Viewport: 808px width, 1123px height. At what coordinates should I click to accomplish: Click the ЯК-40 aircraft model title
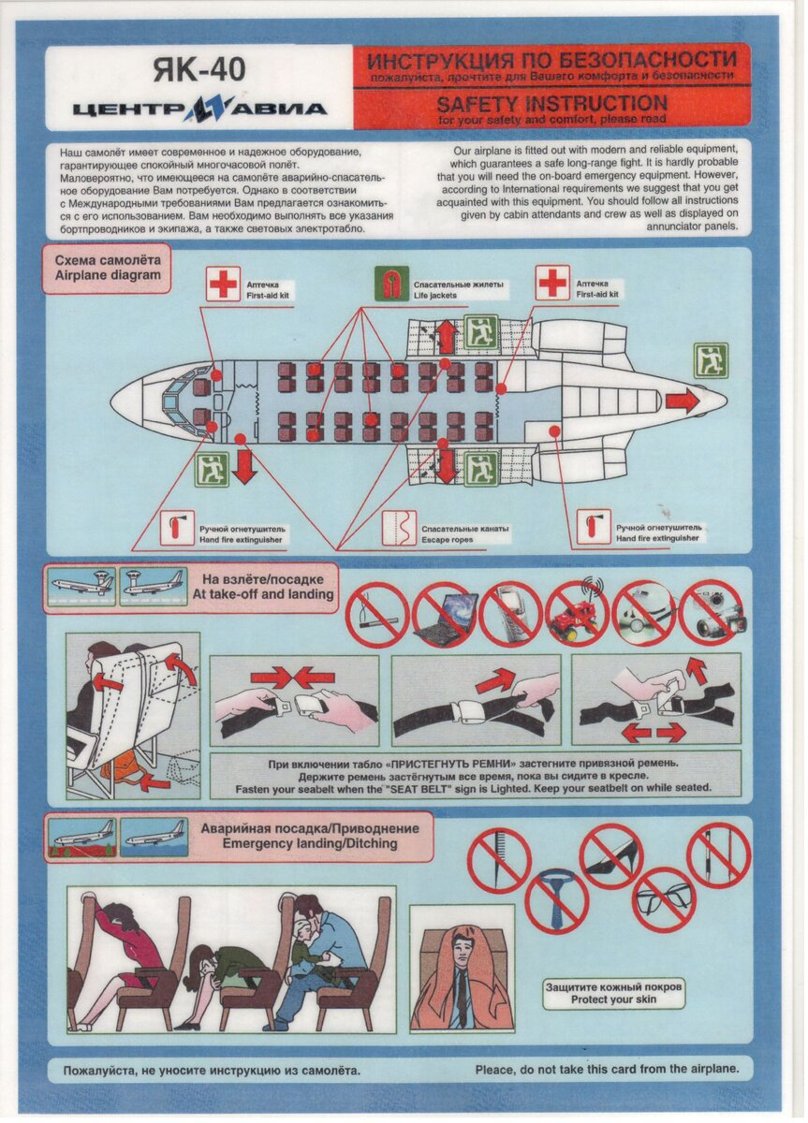click(199, 69)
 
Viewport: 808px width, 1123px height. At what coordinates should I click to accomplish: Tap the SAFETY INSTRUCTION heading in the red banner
click(551, 104)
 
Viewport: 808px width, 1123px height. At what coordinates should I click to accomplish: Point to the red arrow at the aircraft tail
click(683, 401)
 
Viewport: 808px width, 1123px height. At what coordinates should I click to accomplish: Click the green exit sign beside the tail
click(711, 360)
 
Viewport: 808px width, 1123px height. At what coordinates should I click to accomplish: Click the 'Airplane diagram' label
click(108, 275)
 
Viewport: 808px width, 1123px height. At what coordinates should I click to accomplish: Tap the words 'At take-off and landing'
click(263, 594)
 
